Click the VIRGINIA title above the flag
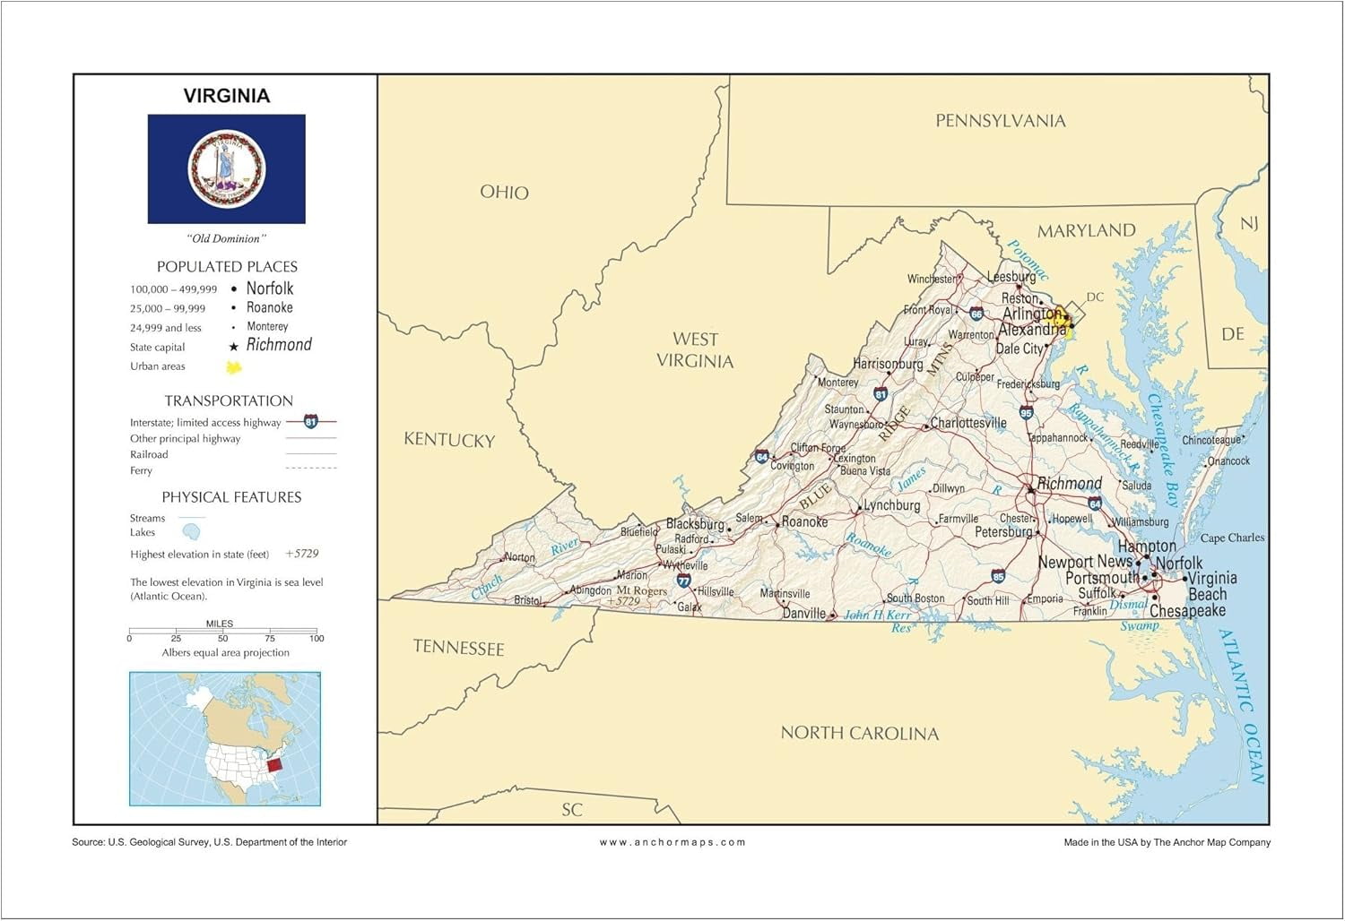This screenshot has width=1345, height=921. point(226,96)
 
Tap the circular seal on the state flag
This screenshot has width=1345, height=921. point(227,168)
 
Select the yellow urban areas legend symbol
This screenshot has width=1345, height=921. point(234,367)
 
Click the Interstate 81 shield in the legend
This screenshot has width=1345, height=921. point(310,422)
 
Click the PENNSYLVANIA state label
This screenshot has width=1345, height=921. point(1000,121)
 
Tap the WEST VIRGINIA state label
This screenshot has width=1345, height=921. point(695,350)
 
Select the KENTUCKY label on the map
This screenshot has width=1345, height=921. point(449,440)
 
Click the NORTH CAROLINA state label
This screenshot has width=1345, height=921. point(859,733)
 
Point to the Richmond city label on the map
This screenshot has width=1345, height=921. point(1069,484)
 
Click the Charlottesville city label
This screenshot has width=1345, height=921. point(968,423)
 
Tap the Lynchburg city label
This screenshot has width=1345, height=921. point(891,505)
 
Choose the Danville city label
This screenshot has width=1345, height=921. point(803,614)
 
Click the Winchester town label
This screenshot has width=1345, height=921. point(932,279)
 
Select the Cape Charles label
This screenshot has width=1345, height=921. point(1232,538)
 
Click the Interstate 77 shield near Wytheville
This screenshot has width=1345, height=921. point(683,581)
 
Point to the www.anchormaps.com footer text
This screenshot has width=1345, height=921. point(672,842)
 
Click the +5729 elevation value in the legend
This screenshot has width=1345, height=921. point(302,554)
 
